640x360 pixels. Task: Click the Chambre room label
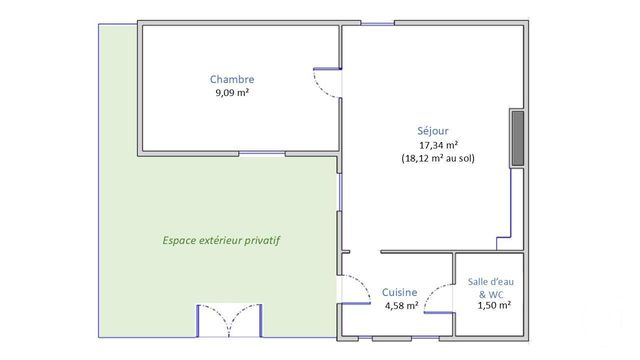point(232,79)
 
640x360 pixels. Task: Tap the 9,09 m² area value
point(232,93)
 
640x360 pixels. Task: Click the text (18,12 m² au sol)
point(438,159)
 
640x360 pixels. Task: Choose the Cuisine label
point(399,292)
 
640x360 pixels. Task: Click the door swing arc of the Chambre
point(327,83)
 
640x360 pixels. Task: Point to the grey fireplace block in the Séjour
point(517,138)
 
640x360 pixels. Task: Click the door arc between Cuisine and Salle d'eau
point(436,296)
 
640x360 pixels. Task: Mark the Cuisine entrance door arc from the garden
point(353,286)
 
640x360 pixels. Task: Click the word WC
point(495,294)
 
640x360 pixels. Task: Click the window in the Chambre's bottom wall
point(262,154)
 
